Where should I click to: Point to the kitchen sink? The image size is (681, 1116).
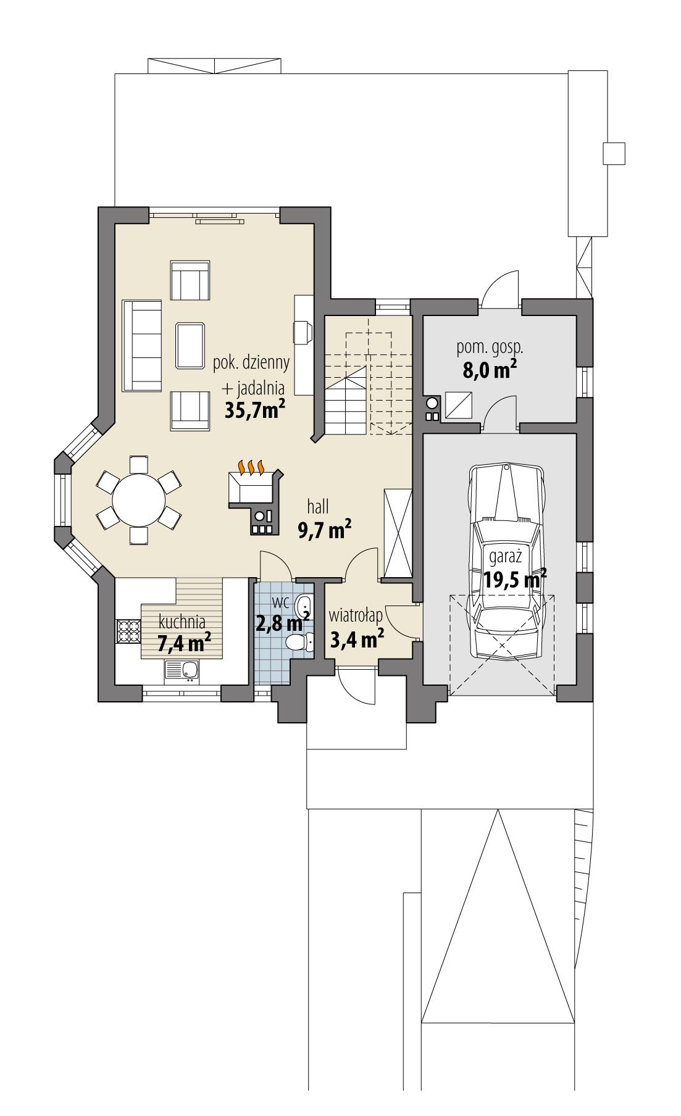182,670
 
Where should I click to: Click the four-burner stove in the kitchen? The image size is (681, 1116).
128,631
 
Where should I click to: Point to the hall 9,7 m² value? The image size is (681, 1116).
325,530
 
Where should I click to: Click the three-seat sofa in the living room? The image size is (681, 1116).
141,346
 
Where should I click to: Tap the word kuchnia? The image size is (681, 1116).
182,622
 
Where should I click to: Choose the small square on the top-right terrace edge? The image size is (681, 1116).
614,153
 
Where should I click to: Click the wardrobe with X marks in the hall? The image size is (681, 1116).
397,532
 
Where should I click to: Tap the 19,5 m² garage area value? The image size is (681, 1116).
506,580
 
